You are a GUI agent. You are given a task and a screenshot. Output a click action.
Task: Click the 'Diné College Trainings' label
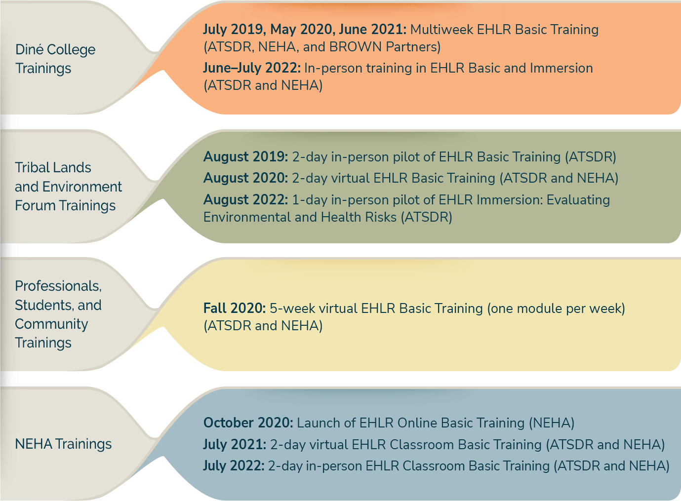(55, 59)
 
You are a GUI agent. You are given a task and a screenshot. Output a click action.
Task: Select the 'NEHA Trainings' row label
(63, 444)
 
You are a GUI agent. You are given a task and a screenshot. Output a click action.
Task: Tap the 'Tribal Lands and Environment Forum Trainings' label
(69, 186)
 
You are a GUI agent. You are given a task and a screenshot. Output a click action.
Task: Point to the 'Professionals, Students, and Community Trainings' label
(58, 314)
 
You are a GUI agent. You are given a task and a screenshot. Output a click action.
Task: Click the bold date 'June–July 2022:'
(252, 68)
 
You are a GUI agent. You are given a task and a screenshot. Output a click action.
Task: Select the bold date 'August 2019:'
(245, 157)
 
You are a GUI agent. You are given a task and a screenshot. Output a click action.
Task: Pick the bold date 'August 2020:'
(245, 178)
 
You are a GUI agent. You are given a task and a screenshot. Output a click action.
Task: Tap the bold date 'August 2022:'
(245, 199)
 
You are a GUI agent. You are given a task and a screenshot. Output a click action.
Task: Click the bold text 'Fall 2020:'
(235, 308)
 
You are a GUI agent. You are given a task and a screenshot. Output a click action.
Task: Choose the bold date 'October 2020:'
(248, 423)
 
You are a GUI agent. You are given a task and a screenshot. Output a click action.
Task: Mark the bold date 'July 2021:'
(235, 444)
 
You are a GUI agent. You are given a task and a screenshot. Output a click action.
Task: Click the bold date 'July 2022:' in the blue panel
(234, 465)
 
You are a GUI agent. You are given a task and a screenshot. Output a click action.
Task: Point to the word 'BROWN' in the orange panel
(356, 47)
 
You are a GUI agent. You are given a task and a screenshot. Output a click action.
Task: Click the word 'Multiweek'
(442, 30)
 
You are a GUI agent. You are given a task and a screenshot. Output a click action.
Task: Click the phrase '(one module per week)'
(557, 308)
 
